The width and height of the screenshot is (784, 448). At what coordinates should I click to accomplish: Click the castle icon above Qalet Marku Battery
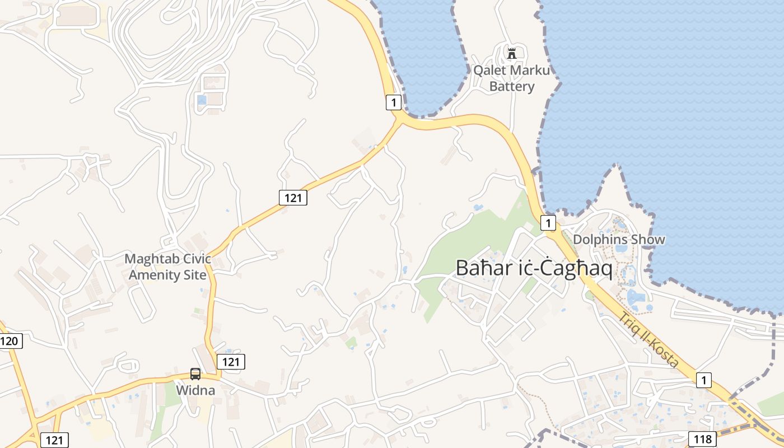point(511,54)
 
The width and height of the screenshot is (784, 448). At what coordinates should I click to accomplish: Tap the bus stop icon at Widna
point(195,374)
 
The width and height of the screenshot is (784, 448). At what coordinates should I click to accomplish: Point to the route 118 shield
point(702,439)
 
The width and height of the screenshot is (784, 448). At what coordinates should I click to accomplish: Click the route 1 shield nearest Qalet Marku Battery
point(394,102)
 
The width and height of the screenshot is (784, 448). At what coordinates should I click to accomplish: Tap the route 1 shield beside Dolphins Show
point(548,223)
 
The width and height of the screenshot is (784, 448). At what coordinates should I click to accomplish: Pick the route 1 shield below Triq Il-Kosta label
point(704,380)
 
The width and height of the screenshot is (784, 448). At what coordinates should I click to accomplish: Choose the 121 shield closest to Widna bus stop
point(231,362)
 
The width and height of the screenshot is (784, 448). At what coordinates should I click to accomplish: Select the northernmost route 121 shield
point(293,197)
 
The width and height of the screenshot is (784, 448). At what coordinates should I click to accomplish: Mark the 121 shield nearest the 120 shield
point(54,440)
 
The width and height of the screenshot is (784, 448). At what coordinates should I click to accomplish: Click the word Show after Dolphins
point(647,240)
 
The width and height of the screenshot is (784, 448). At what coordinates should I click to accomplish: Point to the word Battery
point(512,86)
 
